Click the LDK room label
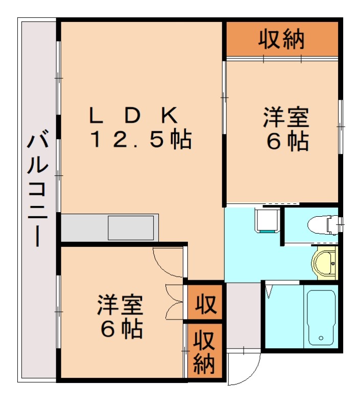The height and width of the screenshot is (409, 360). tap(134, 116)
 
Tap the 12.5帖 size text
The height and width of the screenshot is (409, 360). tap(140, 140)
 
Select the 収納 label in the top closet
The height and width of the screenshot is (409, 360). tap(281, 39)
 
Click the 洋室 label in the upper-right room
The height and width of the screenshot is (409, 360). tap(285, 118)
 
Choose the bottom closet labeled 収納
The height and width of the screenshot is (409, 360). tap(204, 352)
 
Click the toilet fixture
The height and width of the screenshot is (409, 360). tap(322, 223)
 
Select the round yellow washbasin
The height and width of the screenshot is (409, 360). tap(325, 263)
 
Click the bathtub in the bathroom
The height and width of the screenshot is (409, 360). tap(320, 317)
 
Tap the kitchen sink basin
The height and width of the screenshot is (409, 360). tap(131, 227)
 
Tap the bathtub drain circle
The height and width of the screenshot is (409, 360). tap(321, 338)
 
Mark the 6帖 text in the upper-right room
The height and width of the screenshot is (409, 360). tap(287, 142)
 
